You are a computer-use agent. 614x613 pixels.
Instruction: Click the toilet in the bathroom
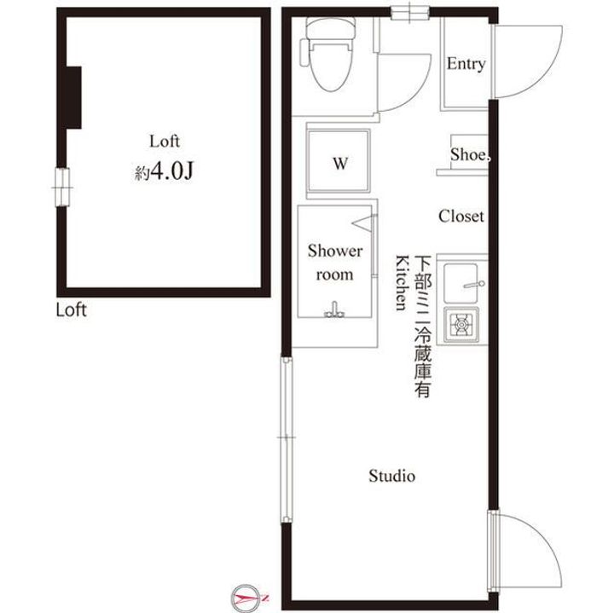(x=328, y=55)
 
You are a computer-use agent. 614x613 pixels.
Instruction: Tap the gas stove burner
(x=462, y=324)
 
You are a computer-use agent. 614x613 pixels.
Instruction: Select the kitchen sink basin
(x=460, y=283)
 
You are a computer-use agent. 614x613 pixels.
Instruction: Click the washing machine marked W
(x=339, y=161)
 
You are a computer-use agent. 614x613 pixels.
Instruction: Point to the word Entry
(x=466, y=64)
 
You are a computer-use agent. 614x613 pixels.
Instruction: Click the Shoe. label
(x=470, y=154)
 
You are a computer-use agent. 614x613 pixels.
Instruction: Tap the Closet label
(x=460, y=216)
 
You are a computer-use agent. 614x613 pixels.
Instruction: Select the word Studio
(x=392, y=476)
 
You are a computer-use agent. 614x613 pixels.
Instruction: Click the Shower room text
(x=335, y=263)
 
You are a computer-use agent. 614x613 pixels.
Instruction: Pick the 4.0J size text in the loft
(x=172, y=171)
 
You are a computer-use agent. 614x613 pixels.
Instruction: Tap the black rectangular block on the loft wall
(x=73, y=97)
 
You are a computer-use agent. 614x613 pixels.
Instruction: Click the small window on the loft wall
(x=61, y=188)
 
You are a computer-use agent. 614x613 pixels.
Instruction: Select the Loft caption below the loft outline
(x=71, y=310)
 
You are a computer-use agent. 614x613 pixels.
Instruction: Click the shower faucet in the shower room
(x=334, y=310)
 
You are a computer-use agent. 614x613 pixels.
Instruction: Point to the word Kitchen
(x=403, y=282)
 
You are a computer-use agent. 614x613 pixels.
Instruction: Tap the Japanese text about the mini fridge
(x=423, y=327)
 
